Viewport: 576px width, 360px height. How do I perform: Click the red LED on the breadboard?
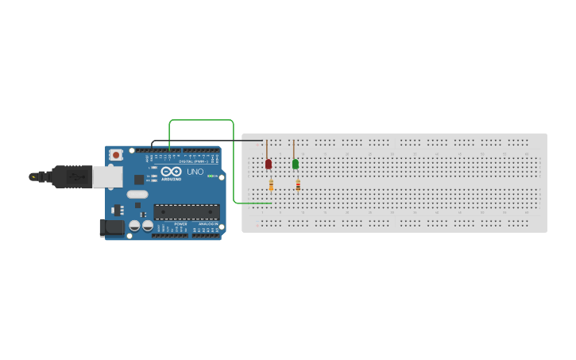coord(268,164)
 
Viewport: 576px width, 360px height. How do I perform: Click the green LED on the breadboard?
coord(296,164)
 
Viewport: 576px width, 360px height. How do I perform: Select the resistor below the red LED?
coord(271,185)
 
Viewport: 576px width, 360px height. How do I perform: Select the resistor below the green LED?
coord(298,185)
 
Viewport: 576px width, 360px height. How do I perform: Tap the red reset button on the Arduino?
coord(116,155)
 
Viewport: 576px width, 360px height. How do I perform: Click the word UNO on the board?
coord(195,172)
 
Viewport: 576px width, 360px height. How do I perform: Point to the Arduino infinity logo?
coord(171,171)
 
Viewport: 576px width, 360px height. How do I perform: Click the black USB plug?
coord(72,176)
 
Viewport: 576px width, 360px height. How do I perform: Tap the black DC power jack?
coord(112,227)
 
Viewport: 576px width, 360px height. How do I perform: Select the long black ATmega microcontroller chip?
coord(187,212)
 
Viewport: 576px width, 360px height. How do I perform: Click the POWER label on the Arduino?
coord(180,224)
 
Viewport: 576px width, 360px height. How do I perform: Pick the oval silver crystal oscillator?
coord(137,194)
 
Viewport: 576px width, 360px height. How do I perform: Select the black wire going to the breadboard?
coord(207,141)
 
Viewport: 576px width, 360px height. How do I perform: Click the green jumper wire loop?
coord(202,121)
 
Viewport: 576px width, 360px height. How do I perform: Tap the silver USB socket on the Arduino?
coord(107,176)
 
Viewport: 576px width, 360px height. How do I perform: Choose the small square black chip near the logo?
coord(139,180)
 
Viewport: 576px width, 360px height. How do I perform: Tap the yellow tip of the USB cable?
coord(33,176)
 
